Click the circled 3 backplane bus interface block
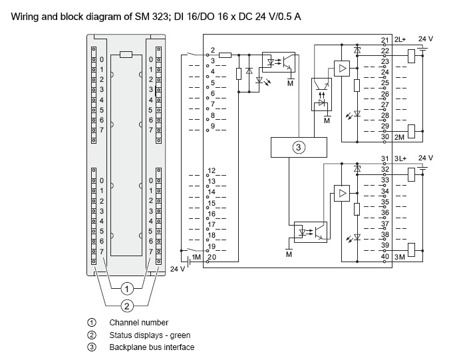click(x=299, y=148)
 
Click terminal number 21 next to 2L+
click(x=384, y=41)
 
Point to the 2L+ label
click(x=400, y=41)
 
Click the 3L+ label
click(x=400, y=158)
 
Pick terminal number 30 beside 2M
click(x=384, y=137)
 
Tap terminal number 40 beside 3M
click(x=384, y=256)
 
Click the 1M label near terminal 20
click(x=196, y=257)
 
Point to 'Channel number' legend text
click(x=139, y=323)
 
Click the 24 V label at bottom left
click(x=177, y=270)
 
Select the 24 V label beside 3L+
click(x=424, y=158)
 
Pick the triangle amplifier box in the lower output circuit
click(x=342, y=194)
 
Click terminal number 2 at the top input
click(x=212, y=50)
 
